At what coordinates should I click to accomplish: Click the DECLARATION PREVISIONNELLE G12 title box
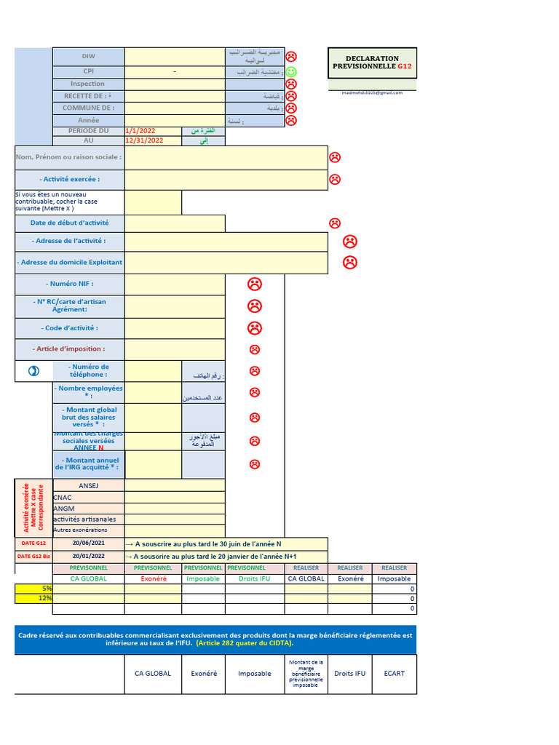point(373,63)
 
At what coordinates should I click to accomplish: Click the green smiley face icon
point(291,71)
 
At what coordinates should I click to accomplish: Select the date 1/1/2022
point(140,130)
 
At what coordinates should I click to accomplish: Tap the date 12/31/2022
point(144,140)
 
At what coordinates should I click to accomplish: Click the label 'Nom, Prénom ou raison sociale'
point(69,157)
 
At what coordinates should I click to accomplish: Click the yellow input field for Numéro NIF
point(175,284)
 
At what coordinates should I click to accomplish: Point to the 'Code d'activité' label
point(70,328)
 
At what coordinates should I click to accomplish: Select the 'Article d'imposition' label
point(70,349)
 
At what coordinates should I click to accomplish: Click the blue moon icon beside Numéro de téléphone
point(33,371)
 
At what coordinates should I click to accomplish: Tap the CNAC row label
point(63,497)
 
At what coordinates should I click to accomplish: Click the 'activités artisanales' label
point(84,519)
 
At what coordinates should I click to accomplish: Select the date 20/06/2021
point(88,543)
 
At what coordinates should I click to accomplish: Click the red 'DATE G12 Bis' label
point(33,557)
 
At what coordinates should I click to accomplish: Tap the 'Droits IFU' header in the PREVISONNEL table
point(255,578)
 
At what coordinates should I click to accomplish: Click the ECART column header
point(395,674)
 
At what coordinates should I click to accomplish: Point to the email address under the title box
point(372,92)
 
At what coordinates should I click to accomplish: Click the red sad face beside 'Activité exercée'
point(335,179)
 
